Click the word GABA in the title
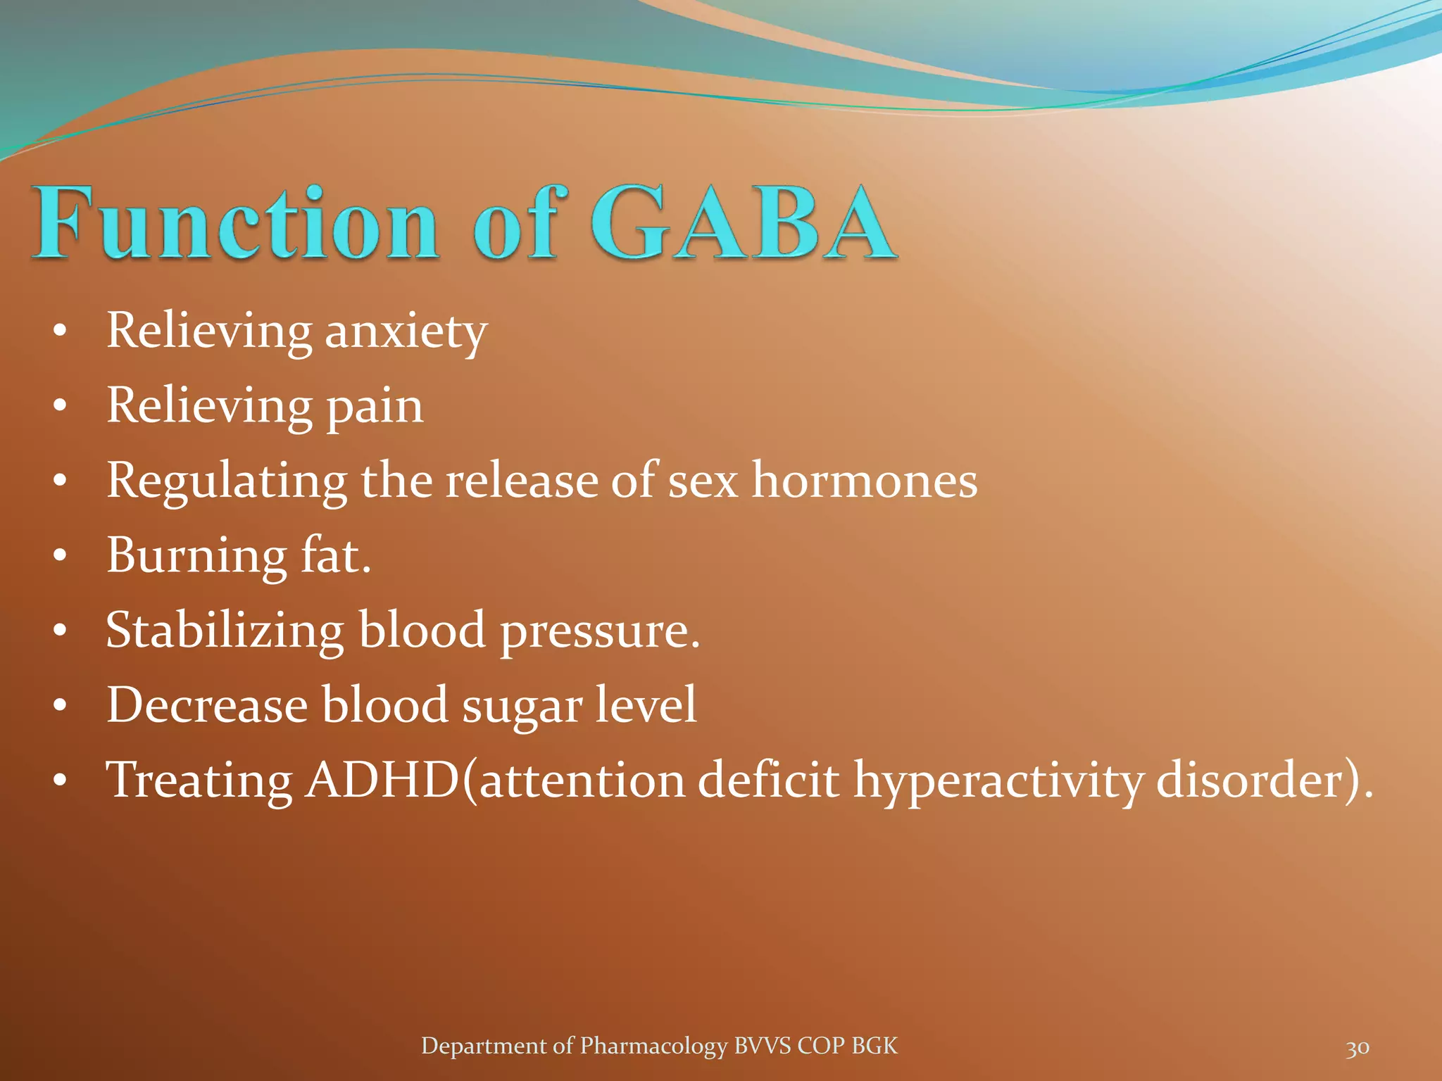[x=743, y=224]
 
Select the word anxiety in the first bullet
[x=406, y=331]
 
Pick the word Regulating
[x=226, y=482]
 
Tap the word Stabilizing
[x=225, y=631]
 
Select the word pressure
[x=599, y=632]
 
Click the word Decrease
[x=207, y=704]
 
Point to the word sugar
[x=522, y=707]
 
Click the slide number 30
[x=1357, y=1048]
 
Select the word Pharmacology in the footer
[x=653, y=1047]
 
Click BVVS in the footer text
[x=763, y=1046]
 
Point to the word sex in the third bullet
[x=702, y=482]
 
